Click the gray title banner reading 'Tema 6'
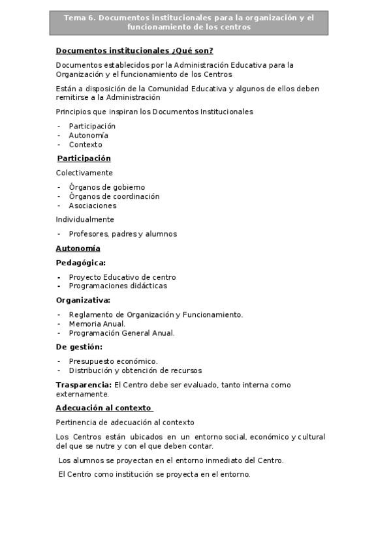tap(189, 23)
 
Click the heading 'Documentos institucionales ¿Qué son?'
tap(134, 51)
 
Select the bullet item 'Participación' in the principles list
tap(92, 127)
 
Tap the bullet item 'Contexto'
tap(86, 145)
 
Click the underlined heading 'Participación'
tap(84, 158)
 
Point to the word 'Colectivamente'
tap(84, 173)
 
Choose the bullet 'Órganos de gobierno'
tap(107, 187)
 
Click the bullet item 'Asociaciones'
tap(93, 205)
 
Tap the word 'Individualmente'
tap(85, 220)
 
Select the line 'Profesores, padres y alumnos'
tap(123, 234)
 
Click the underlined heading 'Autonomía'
tap(78, 248)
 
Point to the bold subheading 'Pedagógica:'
tap(80, 263)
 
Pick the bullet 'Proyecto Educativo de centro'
tap(122, 277)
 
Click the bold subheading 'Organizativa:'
tap(83, 300)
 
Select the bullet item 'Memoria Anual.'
tap(97, 323)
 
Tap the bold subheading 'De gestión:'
tap(79, 347)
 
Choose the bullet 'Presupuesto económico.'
tap(113, 361)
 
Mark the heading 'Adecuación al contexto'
tap(104, 408)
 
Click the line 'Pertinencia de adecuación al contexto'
tap(125, 423)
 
